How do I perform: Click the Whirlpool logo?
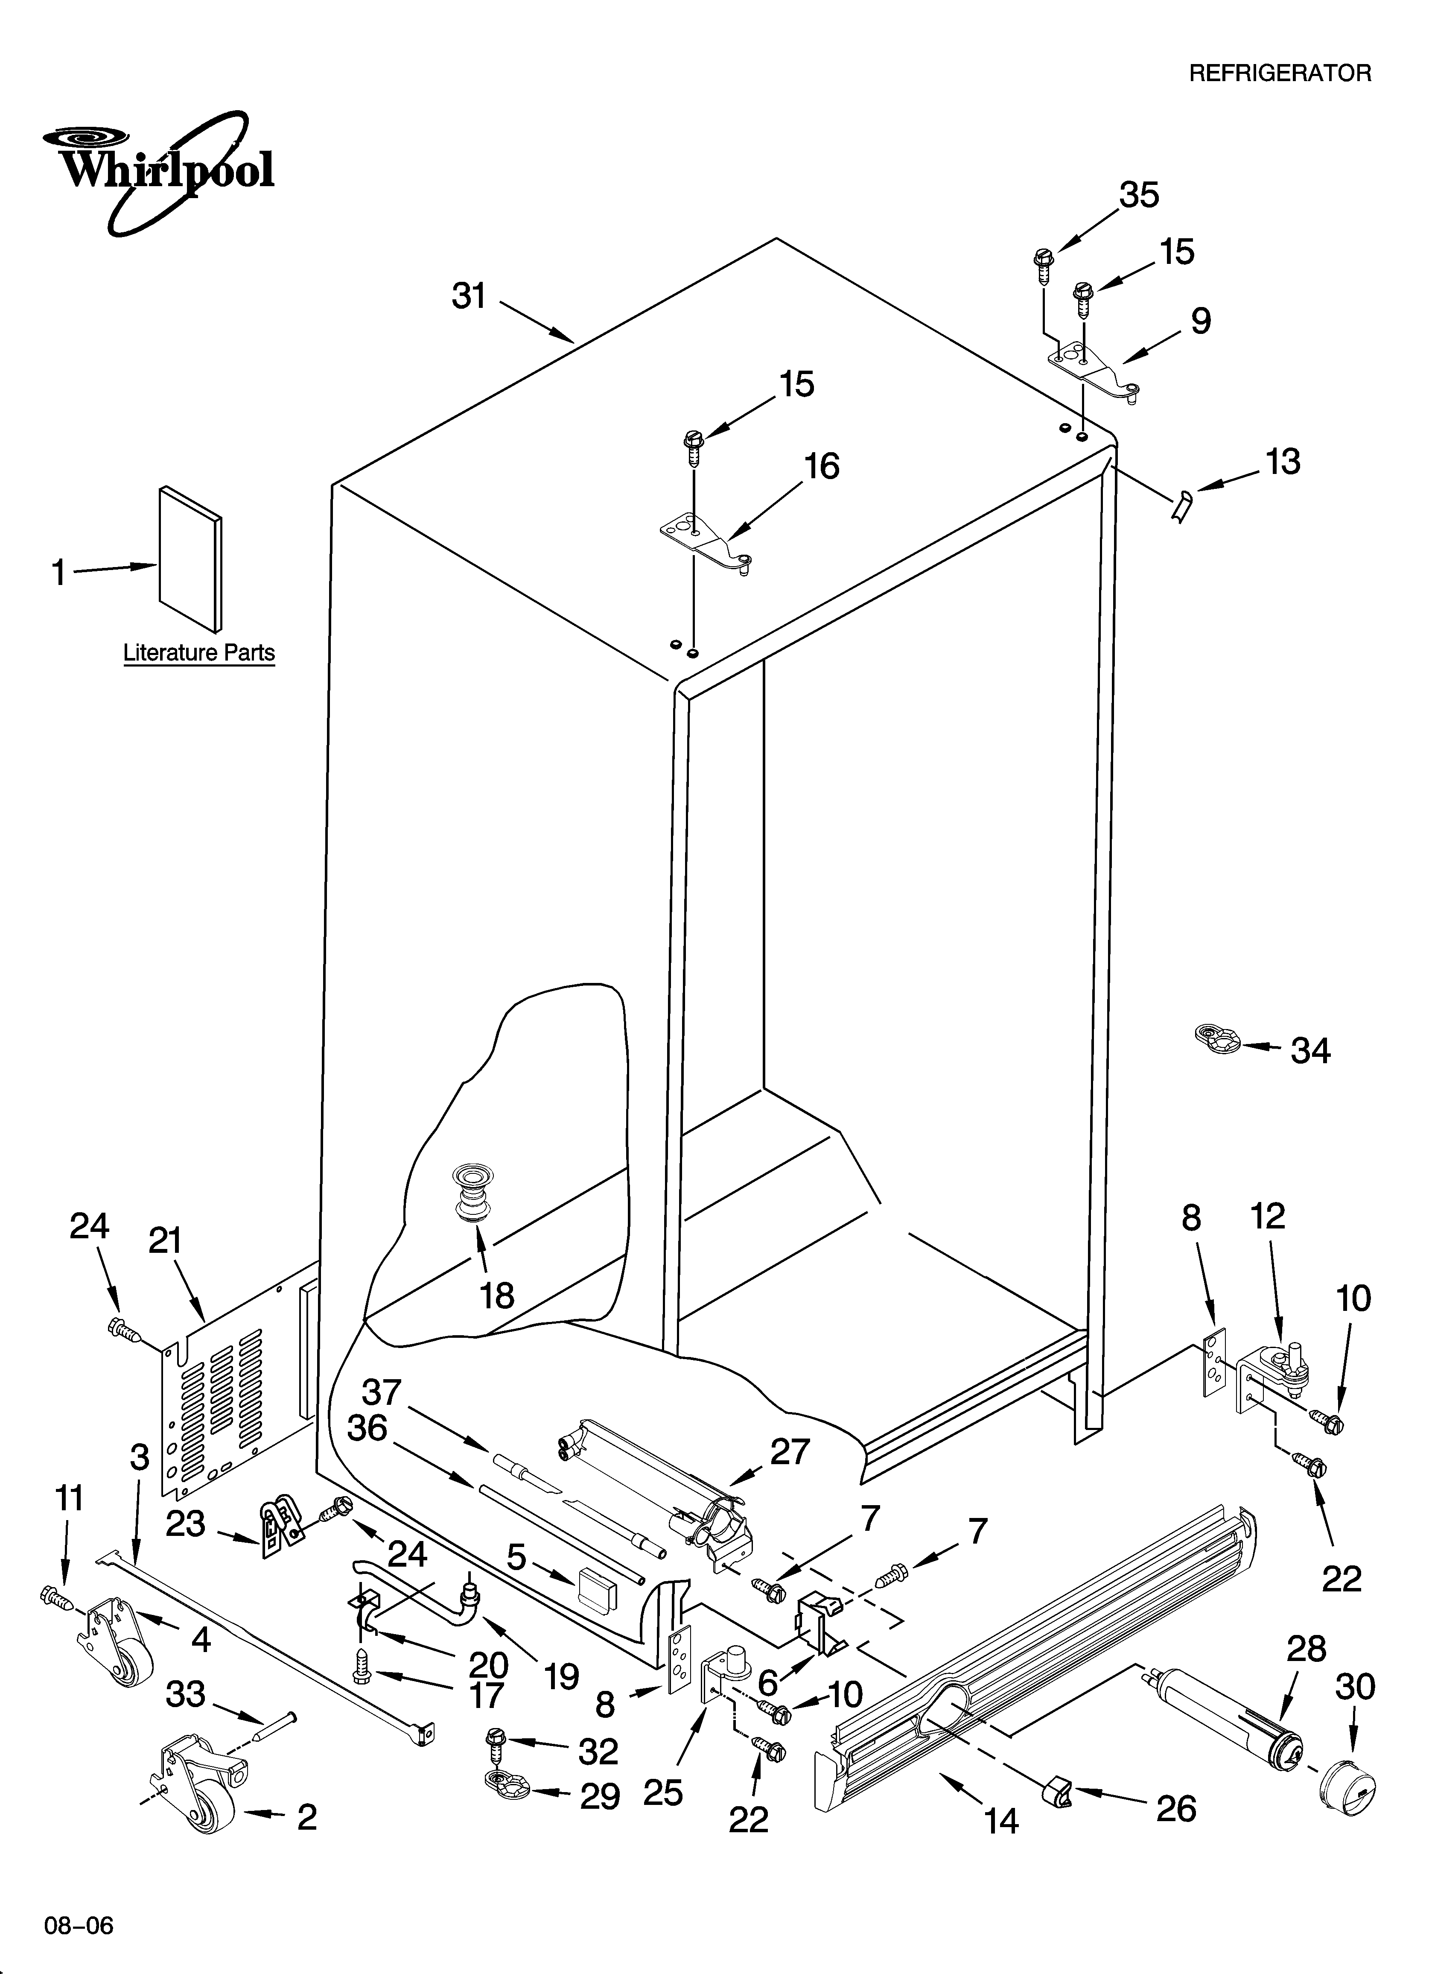(161, 170)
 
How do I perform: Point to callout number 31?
(469, 297)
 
